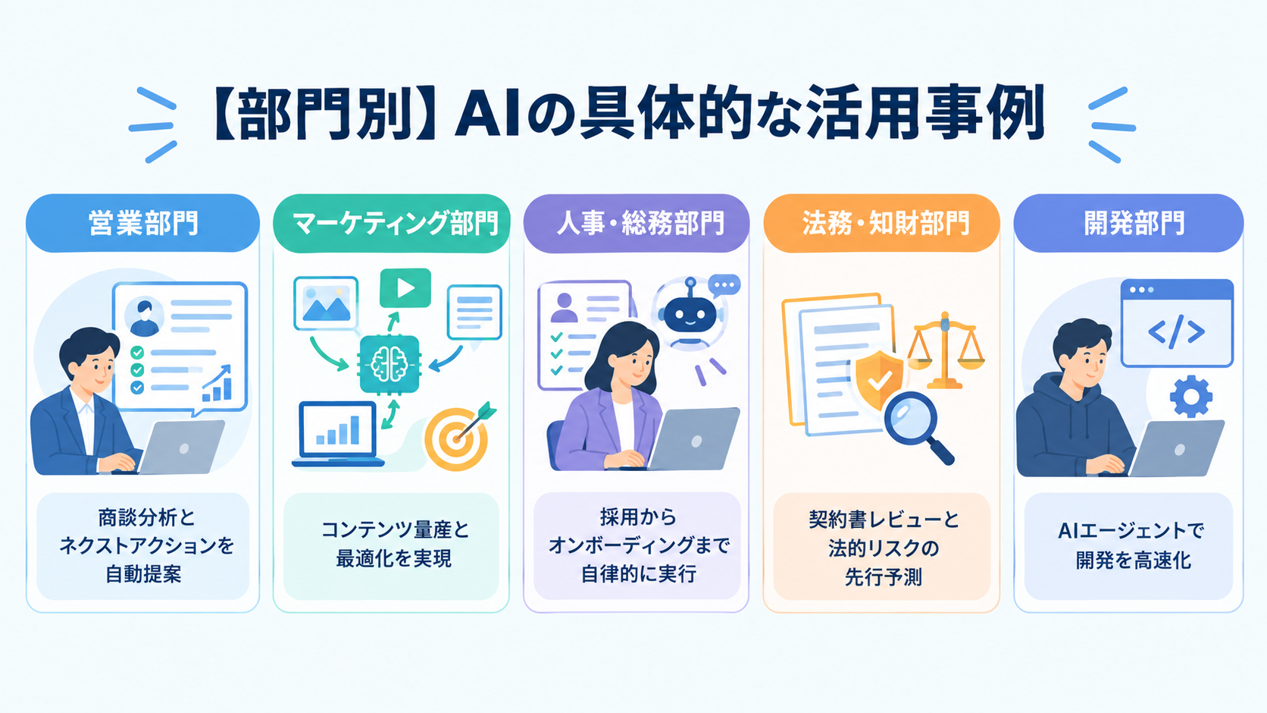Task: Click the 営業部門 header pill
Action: tap(142, 223)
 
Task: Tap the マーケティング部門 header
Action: tap(392, 223)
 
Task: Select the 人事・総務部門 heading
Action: tap(637, 223)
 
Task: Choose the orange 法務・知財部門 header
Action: tap(881, 223)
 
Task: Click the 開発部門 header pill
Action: tap(1128, 223)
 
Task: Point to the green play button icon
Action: tap(405, 288)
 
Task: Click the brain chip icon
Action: tap(389, 364)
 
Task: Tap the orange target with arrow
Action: tap(458, 437)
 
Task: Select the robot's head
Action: tap(690, 314)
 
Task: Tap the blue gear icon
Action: tap(1190, 397)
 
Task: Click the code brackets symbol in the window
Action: tap(1176, 332)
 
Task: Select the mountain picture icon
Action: tap(326, 303)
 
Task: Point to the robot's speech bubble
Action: tap(724, 285)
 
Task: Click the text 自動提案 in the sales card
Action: tap(143, 574)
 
